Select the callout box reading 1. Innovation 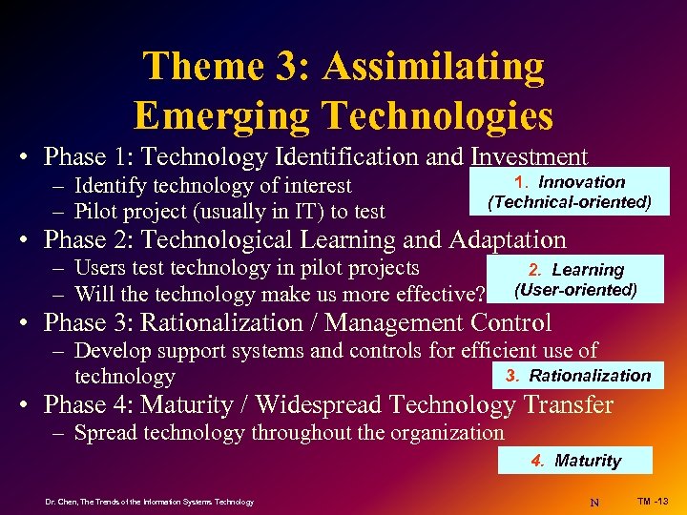pyautogui.click(x=570, y=192)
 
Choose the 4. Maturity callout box pyautogui.click(x=575, y=461)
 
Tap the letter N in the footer pyautogui.click(x=594, y=502)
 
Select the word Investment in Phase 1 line pyautogui.click(x=528, y=156)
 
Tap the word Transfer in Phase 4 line pyautogui.click(x=567, y=405)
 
